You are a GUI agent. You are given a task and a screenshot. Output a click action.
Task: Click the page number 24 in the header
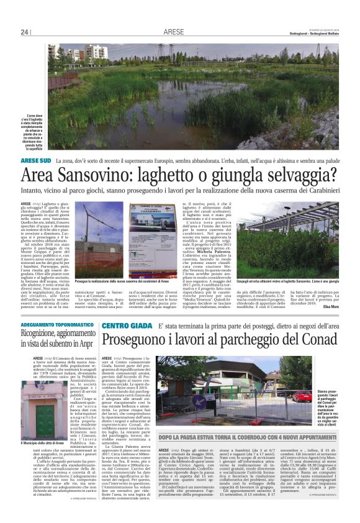pos(25,32)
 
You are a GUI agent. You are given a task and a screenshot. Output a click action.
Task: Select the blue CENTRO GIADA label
pos(124,325)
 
